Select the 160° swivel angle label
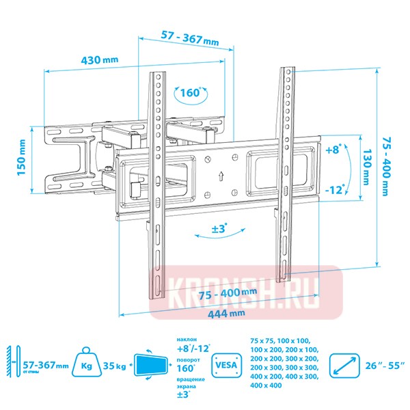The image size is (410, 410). [x=191, y=93]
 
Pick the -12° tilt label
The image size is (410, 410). [x=334, y=188]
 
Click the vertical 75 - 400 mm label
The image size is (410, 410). [x=388, y=167]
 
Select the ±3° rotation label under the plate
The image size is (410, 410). [x=219, y=229]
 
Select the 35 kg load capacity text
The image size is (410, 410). [x=116, y=366]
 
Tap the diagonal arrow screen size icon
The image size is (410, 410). [x=344, y=366]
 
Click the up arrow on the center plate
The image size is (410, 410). [x=221, y=175]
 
